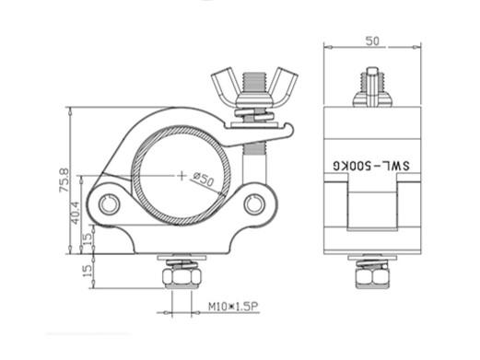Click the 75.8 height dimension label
(64, 180)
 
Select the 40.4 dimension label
(76, 213)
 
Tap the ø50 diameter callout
(204, 180)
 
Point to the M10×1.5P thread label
(234, 306)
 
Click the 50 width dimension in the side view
(372, 41)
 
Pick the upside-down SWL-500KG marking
(371, 166)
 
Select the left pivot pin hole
(109, 204)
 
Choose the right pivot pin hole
(254, 204)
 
